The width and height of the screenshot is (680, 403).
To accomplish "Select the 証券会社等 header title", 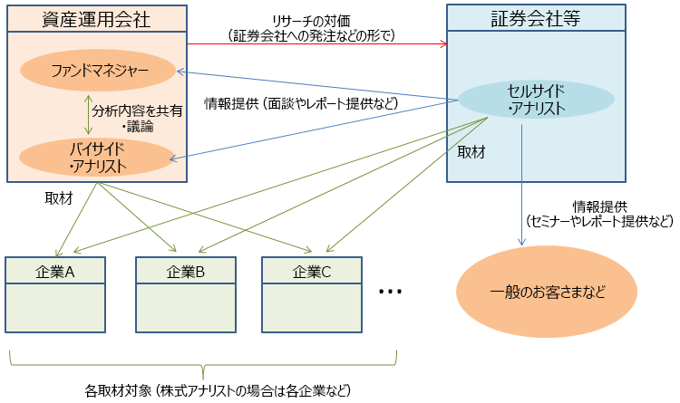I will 535,18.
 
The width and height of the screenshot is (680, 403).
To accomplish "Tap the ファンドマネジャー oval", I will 98,69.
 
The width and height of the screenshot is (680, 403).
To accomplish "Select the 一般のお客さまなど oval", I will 546,293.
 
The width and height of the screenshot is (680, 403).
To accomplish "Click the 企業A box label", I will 55,271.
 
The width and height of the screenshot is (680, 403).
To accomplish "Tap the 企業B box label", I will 186,271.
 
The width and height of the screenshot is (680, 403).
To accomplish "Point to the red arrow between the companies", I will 317,43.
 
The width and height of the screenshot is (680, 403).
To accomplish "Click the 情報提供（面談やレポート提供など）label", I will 301,103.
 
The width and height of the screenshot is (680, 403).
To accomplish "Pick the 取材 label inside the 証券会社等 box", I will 471,151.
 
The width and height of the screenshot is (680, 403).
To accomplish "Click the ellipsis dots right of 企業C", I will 391,292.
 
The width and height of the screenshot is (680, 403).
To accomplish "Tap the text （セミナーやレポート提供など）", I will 599,221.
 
